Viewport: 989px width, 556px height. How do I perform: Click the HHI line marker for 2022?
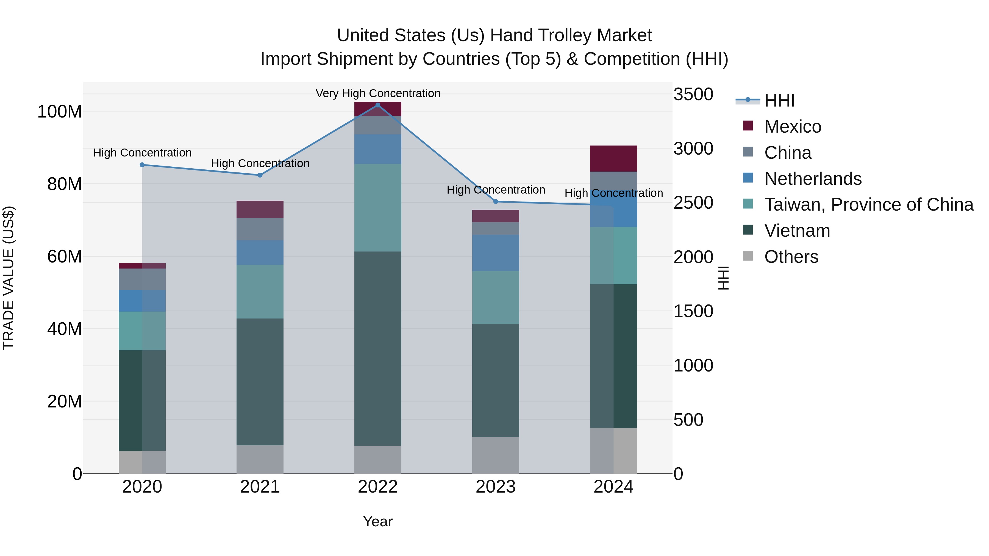(378, 105)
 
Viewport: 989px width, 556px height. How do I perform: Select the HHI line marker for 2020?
(142, 165)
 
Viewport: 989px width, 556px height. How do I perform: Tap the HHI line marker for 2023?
(496, 202)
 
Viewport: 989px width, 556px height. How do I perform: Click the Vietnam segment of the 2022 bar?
(378, 348)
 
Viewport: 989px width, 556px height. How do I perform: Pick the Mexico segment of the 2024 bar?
(613, 158)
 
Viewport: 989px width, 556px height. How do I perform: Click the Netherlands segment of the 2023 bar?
(496, 253)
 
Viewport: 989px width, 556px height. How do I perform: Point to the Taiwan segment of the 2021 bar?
(260, 291)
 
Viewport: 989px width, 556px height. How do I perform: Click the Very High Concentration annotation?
(378, 93)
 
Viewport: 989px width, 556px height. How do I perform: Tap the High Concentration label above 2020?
(142, 153)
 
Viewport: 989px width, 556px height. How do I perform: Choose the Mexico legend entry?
(792, 127)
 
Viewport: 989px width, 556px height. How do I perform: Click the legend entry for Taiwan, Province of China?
(868, 205)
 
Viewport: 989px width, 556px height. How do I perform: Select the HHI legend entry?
(779, 100)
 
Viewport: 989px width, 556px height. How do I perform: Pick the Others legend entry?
(791, 257)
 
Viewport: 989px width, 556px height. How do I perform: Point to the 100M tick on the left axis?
(60, 112)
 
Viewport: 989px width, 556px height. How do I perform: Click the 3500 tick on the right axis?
(693, 94)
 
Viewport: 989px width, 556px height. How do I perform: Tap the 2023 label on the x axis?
(496, 487)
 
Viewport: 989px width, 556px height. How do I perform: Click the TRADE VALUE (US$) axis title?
(9, 278)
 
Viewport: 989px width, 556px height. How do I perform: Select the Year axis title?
(378, 521)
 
